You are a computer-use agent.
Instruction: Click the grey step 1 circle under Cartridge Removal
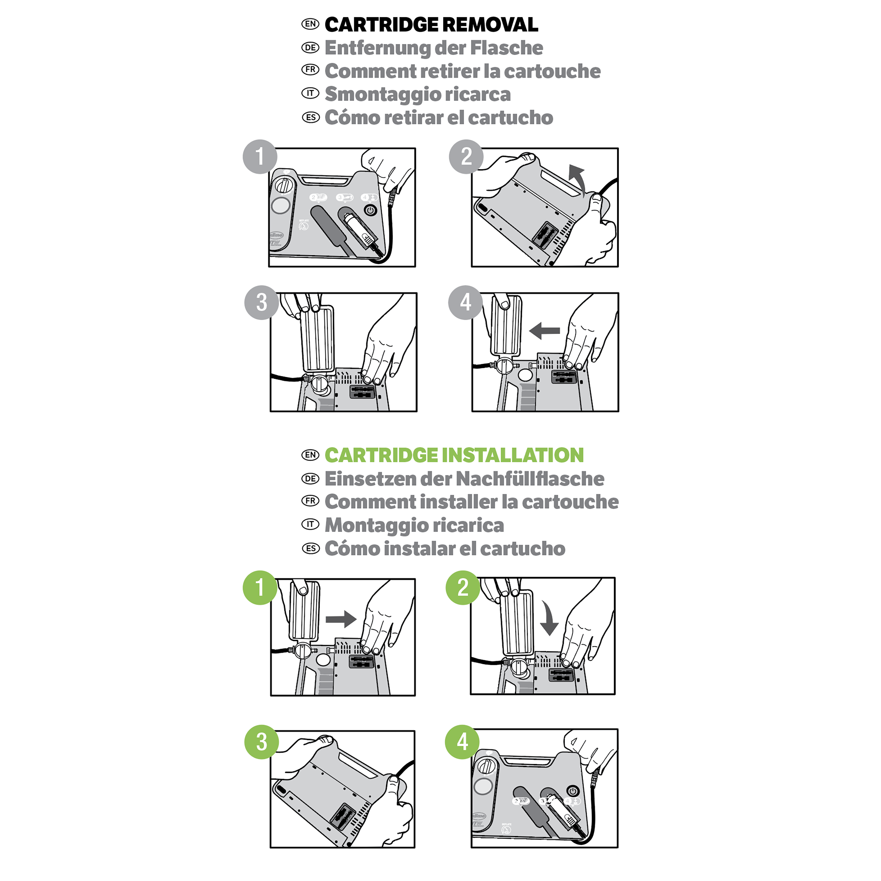[260, 157]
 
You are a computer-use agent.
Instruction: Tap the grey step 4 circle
[465, 302]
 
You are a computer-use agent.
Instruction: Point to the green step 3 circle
[262, 742]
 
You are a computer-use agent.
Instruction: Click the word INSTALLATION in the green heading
[512, 455]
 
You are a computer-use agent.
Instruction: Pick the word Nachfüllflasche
[530, 479]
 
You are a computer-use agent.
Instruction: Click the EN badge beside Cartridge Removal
[310, 24]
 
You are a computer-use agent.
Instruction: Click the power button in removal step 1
[370, 210]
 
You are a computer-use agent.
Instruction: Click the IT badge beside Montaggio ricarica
[310, 524]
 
